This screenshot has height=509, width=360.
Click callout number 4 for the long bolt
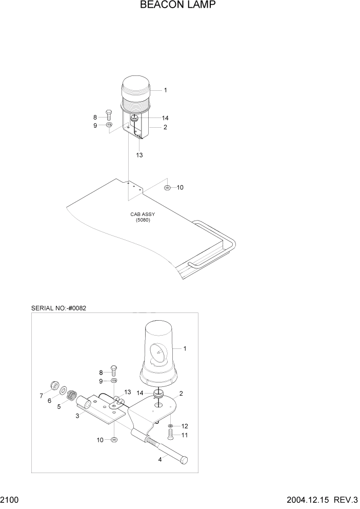pyautogui.click(x=160, y=460)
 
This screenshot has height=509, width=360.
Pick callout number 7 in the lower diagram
pyautogui.click(x=41, y=396)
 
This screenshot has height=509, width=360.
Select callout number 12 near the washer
pyautogui.click(x=185, y=426)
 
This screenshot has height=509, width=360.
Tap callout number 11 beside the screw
pyautogui.click(x=185, y=435)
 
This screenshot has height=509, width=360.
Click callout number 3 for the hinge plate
pyautogui.click(x=77, y=416)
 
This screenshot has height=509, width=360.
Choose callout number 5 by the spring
pyautogui.click(x=59, y=406)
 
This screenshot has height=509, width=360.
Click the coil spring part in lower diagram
pyautogui.click(x=73, y=396)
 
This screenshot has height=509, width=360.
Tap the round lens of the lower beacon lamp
pyautogui.click(x=159, y=354)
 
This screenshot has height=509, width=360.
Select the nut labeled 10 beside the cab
pyautogui.click(x=168, y=188)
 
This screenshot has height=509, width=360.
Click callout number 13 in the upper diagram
pyautogui.click(x=139, y=154)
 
